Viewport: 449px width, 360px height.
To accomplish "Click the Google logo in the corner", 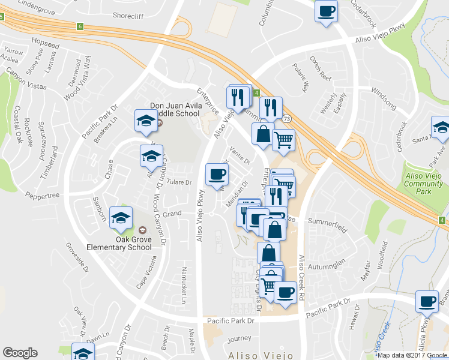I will pos(20,353).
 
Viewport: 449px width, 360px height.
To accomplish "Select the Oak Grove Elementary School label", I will pos(125,242).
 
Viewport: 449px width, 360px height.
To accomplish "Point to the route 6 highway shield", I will pos(80,26).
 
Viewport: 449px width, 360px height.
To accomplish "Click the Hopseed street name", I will pos(47,44).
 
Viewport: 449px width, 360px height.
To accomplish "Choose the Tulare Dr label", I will pos(179,182).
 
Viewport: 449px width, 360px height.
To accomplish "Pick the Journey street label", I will pos(239,338).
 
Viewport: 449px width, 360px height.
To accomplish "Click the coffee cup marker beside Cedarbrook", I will pos(327,11).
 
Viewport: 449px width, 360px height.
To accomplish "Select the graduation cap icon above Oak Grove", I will pos(122,218).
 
